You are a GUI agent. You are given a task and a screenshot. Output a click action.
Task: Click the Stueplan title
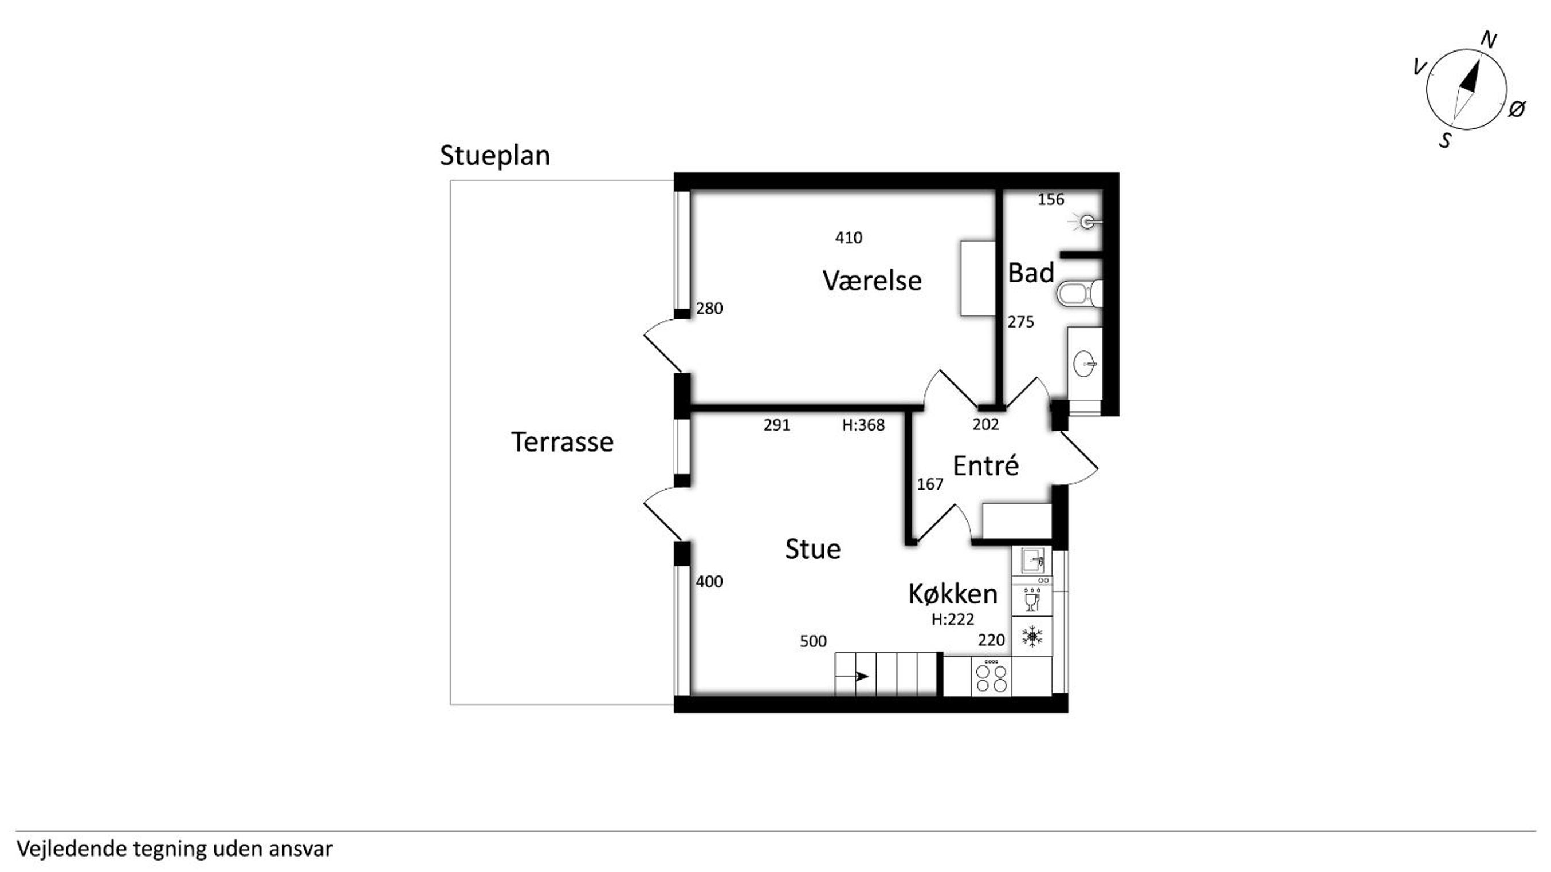(x=495, y=156)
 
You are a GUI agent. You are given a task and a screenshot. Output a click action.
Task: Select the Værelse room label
(x=872, y=281)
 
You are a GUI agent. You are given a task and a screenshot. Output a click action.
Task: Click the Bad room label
(x=1031, y=273)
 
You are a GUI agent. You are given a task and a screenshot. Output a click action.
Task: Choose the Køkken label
(x=952, y=594)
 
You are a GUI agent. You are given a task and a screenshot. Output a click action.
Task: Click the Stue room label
(x=813, y=549)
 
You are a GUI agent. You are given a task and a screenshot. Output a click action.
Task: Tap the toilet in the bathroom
(x=1079, y=294)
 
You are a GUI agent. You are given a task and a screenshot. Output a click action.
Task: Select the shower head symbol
(x=1086, y=223)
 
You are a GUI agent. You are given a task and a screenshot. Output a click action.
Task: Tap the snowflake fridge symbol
(x=1032, y=636)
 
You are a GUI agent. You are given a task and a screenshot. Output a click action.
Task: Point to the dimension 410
(x=849, y=238)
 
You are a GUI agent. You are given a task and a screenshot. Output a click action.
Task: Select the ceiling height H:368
(x=863, y=425)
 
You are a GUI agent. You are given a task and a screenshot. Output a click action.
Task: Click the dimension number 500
(x=814, y=641)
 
